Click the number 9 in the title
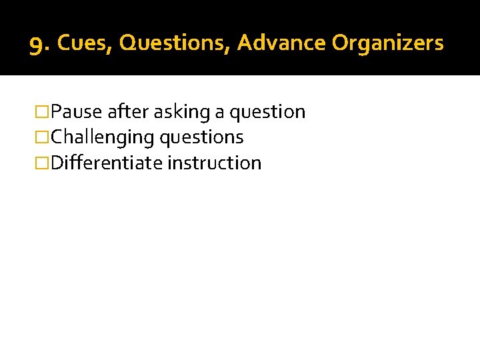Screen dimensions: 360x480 pyautogui.click(x=37, y=46)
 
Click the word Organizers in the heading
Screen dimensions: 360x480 pyautogui.click(x=387, y=43)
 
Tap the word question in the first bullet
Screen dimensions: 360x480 pyautogui.click(x=267, y=113)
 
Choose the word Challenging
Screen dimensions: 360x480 pyautogui.click(x=102, y=137)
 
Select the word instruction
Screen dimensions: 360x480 pyautogui.click(x=215, y=163)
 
